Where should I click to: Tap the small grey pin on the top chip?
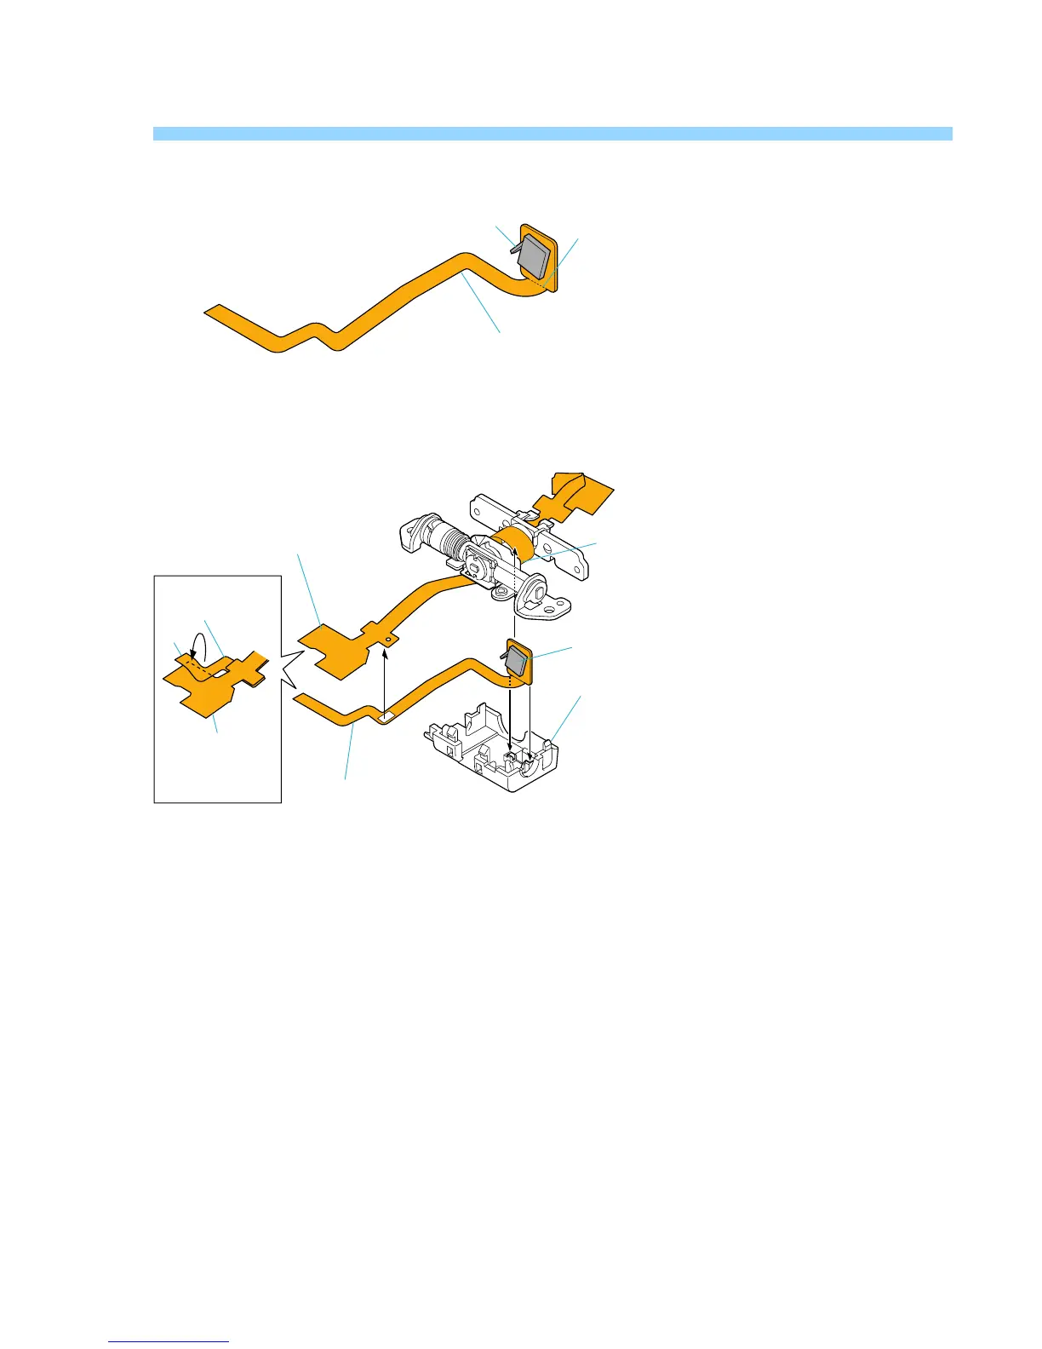pyautogui.click(x=513, y=248)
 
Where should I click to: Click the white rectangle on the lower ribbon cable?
pyautogui.click(x=385, y=717)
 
